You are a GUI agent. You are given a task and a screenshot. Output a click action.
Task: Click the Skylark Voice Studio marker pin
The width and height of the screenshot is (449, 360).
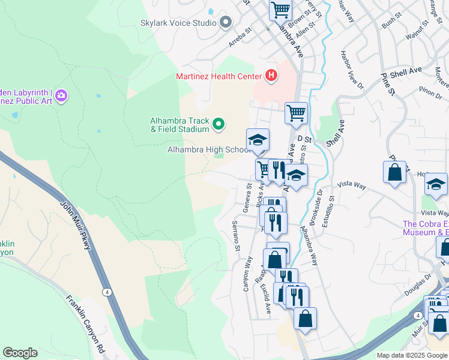coord(226,23)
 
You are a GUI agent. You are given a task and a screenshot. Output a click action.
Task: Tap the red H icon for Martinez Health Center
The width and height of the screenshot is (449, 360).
coord(271,76)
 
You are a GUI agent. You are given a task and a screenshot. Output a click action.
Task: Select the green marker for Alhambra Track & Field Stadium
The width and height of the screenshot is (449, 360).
coord(218,124)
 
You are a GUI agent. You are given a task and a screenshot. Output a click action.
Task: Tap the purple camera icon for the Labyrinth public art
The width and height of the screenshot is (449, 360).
coord(62,95)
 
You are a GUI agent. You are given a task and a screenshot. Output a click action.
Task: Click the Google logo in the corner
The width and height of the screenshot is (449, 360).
coord(20,353)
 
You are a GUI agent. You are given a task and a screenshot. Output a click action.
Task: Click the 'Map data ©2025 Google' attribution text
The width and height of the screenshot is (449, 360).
coord(412,355)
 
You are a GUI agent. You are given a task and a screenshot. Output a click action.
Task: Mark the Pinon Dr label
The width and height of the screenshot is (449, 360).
coord(430,91)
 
